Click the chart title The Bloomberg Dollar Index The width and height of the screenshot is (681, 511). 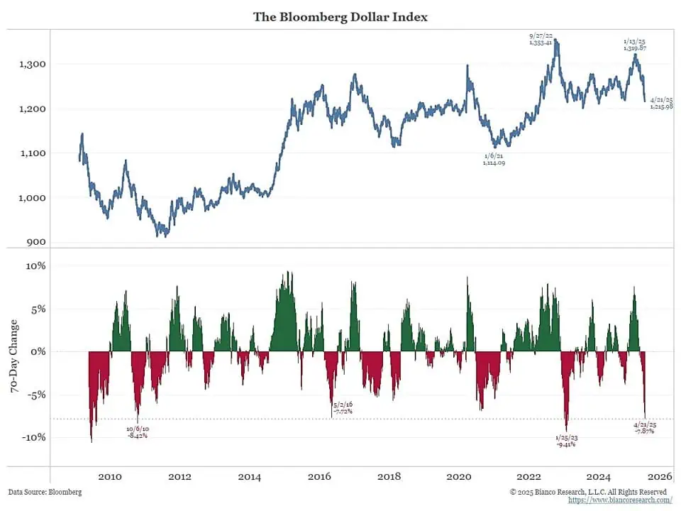(340, 16)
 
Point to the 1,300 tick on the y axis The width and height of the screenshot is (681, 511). (32, 65)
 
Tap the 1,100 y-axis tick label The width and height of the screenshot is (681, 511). (32, 153)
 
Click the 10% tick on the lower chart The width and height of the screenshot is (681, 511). (35, 266)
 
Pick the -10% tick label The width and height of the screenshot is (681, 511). (34, 437)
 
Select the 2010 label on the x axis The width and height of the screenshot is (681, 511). (110, 477)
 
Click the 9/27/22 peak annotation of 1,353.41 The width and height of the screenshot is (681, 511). (541, 39)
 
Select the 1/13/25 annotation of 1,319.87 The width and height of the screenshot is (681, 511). (635, 45)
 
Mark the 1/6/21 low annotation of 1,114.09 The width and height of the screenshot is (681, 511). (494, 160)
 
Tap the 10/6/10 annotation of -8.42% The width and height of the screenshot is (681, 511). (137, 432)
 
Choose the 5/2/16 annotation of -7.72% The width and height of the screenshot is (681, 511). (342, 407)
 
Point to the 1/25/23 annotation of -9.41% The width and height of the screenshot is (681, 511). (565, 441)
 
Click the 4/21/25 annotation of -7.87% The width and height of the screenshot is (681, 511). (643, 427)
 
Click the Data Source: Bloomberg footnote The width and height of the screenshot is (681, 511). (45, 492)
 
